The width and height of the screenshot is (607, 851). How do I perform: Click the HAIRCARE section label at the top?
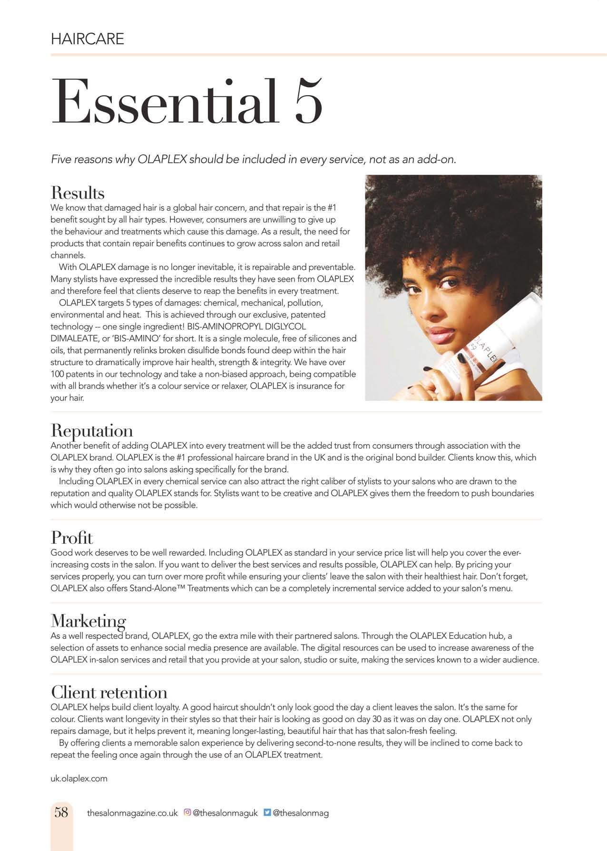coord(87,39)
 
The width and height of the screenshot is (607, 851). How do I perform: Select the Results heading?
coord(78,193)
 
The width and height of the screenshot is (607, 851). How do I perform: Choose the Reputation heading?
coord(92,430)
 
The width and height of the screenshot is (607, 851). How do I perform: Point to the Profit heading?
coord(72,538)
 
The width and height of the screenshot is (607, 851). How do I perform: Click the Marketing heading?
coord(88,621)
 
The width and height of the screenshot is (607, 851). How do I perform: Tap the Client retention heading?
coord(109,692)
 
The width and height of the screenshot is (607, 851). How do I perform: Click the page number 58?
coord(61,812)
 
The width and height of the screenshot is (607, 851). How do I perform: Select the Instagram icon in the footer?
coord(187,812)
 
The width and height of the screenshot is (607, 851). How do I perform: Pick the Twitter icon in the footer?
coord(267,812)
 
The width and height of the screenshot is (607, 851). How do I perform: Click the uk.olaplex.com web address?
coord(79,779)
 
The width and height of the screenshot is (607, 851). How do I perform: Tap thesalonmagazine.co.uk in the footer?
coord(132,813)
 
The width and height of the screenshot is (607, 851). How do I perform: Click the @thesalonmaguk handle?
coord(225,813)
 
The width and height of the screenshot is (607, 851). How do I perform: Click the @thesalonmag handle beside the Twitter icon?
coord(301,813)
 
